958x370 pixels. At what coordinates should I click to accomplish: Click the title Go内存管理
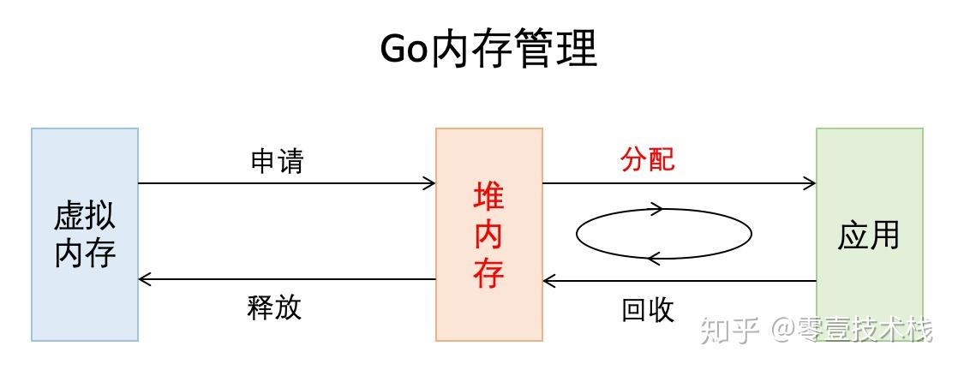(488, 49)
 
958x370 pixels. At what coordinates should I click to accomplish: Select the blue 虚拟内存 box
(85, 300)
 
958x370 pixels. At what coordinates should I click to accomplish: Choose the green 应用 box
(869, 171)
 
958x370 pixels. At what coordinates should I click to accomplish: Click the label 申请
(277, 160)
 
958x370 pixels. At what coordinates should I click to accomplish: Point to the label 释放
(275, 307)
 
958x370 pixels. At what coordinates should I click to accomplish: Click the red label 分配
(648, 159)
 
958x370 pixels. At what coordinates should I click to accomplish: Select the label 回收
(648, 309)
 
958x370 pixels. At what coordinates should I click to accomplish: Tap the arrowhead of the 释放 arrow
(145, 279)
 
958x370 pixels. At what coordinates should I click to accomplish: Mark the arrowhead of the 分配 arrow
(810, 182)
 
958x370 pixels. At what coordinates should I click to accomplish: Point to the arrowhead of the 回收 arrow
(550, 280)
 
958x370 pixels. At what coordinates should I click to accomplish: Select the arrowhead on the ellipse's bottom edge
(653, 257)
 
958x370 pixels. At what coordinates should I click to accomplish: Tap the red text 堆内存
(488, 236)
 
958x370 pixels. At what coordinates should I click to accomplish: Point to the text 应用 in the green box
(869, 234)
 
